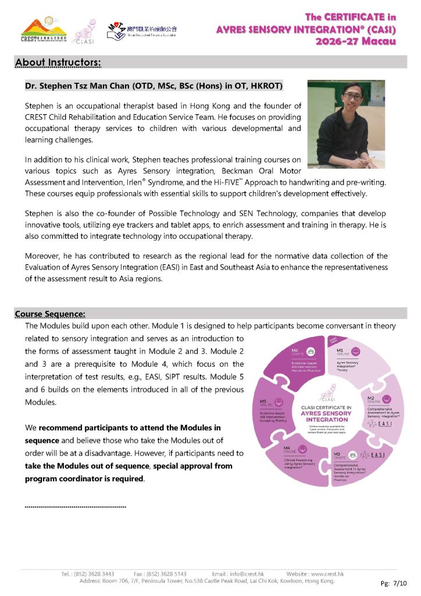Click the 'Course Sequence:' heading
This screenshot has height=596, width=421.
pyautogui.click(x=50, y=315)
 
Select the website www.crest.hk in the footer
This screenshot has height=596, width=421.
pyautogui.click(x=324, y=574)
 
